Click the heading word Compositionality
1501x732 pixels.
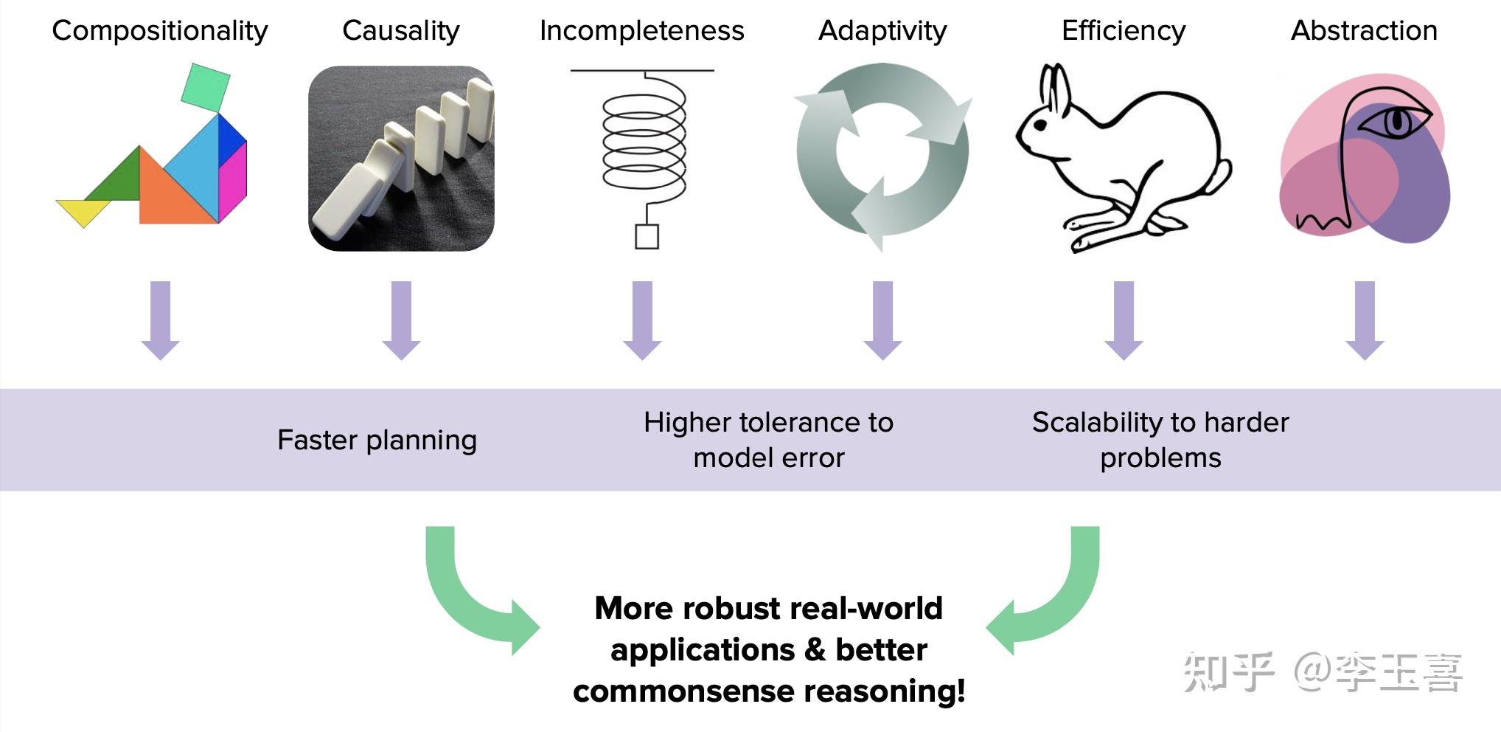159,31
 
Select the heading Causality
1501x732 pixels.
400,31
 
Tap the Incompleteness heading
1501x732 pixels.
641,31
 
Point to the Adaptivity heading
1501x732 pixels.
882,31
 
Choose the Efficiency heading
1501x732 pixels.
1123,31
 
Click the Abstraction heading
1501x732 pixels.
1364,31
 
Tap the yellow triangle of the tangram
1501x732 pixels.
83,210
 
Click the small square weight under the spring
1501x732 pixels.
647,237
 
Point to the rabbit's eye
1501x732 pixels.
1040,125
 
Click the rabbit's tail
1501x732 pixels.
1219,177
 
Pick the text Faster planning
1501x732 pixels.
377,440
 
